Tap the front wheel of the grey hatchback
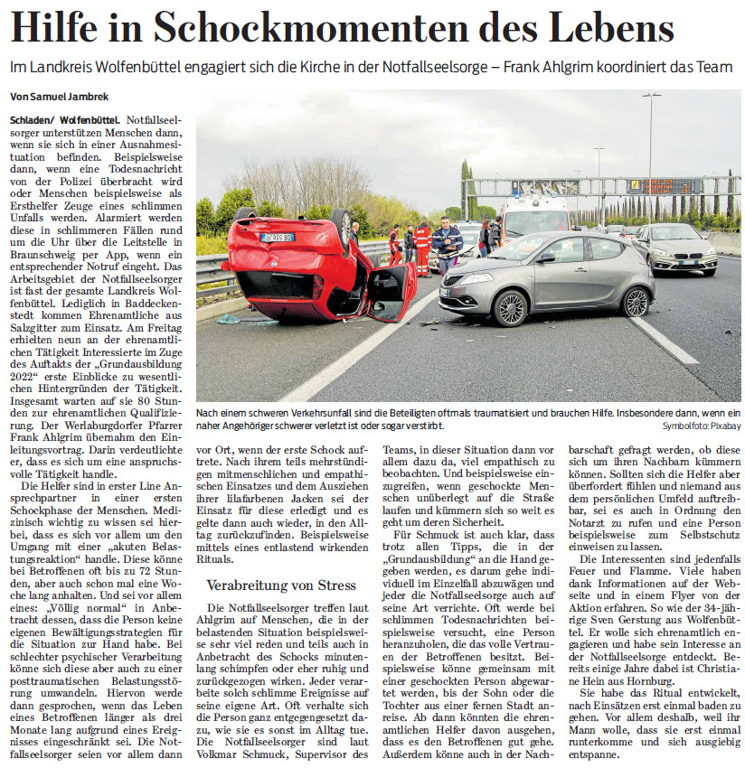coord(509,308)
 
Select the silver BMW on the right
coord(674,248)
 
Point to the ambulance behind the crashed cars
coord(533,217)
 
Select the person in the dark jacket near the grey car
coord(446,244)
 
